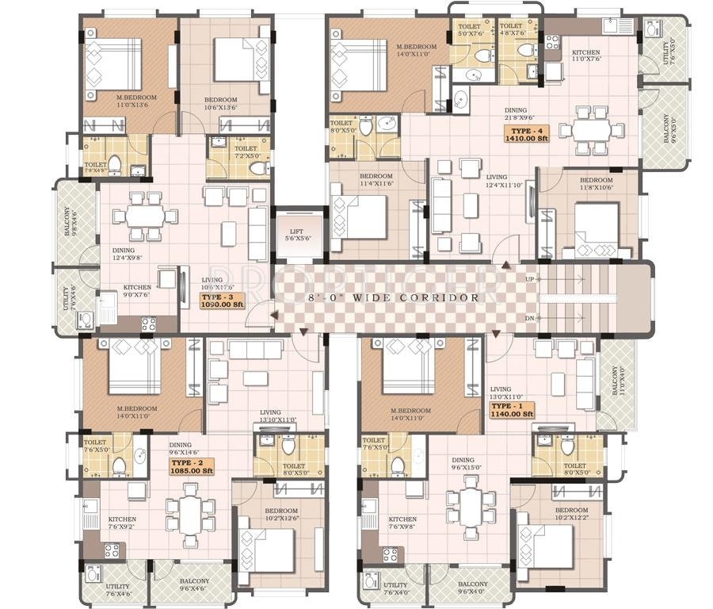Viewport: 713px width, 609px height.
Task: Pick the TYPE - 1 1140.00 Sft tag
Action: pyautogui.click(x=512, y=409)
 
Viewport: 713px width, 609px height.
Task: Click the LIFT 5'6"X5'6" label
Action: pyautogui.click(x=299, y=235)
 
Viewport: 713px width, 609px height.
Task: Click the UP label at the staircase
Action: pyautogui.click(x=530, y=279)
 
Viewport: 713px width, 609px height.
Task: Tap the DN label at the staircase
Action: pyautogui.click(x=530, y=318)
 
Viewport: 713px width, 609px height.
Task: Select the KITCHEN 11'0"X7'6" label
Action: pyautogui.click(x=586, y=56)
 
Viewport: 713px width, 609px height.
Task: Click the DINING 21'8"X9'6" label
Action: pyautogui.click(x=524, y=114)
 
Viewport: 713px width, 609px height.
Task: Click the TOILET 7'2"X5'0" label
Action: pyautogui.click(x=246, y=151)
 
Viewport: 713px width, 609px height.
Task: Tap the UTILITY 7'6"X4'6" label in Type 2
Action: pyautogui.click(x=118, y=590)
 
